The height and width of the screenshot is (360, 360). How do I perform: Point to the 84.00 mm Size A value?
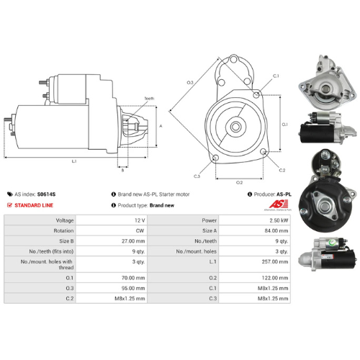[x=278, y=230]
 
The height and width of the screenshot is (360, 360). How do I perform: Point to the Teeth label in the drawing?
[x=149, y=98]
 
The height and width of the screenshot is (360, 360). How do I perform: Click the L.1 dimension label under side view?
[x=75, y=161]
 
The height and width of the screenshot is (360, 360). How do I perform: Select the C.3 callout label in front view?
[x=197, y=175]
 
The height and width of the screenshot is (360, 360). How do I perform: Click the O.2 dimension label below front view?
[x=239, y=182]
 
